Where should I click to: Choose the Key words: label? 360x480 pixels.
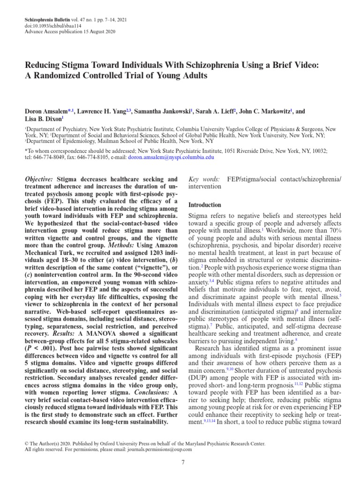[x=203, y=180]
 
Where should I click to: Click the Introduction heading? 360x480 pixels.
[x=204, y=205]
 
